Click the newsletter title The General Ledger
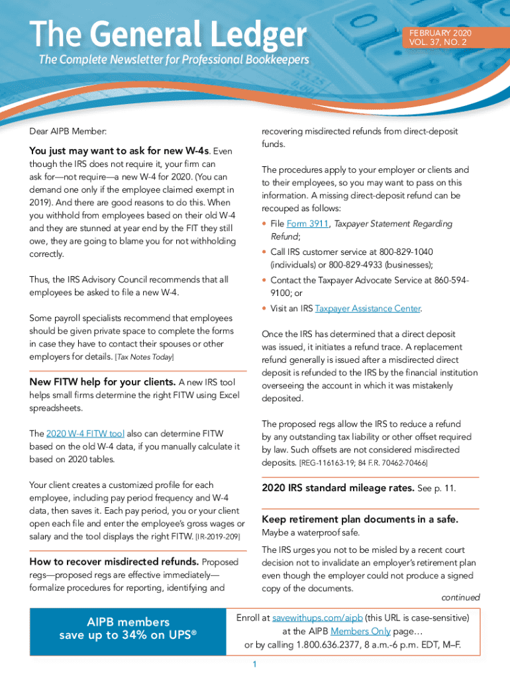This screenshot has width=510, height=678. pyautogui.click(x=168, y=34)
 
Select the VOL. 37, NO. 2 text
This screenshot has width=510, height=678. pyautogui.click(x=438, y=42)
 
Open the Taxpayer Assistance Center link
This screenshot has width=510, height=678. pyautogui.click(x=368, y=309)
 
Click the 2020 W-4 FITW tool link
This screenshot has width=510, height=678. pyautogui.click(x=85, y=434)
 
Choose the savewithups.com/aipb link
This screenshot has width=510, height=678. pyautogui.click(x=317, y=618)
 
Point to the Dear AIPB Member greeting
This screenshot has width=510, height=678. pyautogui.click(x=68, y=132)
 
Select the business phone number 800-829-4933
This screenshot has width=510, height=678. pyautogui.click(x=357, y=265)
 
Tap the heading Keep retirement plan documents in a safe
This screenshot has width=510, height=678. pyautogui.click(x=360, y=519)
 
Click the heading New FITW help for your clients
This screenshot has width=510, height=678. pyautogui.click(x=103, y=382)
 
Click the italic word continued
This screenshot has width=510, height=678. pyautogui.click(x=460, y=597)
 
